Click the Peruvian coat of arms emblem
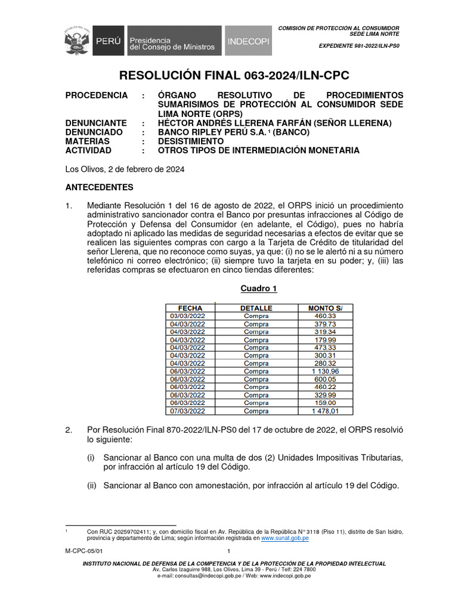point(78,40)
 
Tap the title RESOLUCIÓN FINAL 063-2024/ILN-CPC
point(234,75)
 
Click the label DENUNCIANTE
point(96,124)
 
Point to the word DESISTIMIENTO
point(191,141)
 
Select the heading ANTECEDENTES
point(99,187)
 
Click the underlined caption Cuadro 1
point(259,289)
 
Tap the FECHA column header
point(190,308)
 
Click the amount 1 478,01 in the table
point(325,411)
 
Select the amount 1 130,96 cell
point(325,371)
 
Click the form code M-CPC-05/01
point(80,552)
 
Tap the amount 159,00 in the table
point(325,403)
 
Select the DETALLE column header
point(256,308)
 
